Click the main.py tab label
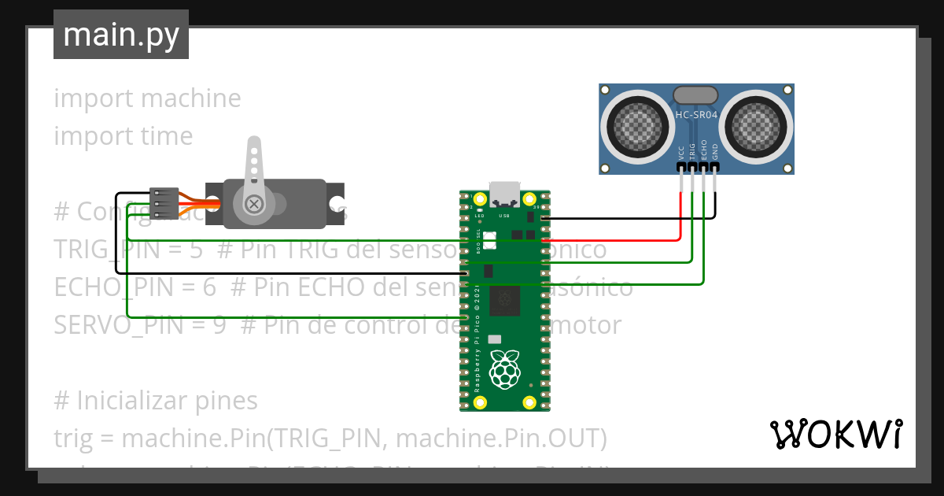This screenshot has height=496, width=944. [120, 35]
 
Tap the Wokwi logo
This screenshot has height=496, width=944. [835, 434]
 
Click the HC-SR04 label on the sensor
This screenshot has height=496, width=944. [696, 115]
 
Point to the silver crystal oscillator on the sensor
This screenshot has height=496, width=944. [696, 95]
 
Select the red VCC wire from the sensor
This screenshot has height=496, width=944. [680, 213]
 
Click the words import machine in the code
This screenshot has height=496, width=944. [147, 98]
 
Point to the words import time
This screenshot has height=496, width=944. [123, 136]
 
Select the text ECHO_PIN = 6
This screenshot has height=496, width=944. [135, 287]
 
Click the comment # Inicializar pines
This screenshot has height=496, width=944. [156, 401]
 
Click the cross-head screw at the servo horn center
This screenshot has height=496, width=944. [254, 204]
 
